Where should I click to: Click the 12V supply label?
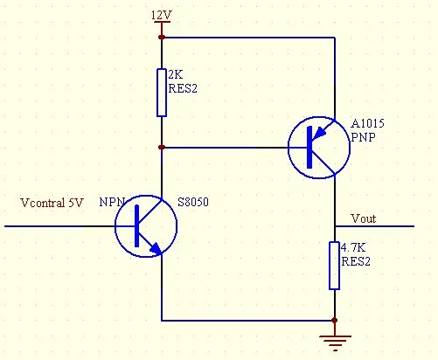162,15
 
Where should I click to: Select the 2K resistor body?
162,93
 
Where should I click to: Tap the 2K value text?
176,75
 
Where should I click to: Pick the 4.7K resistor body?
334,266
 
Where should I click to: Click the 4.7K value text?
353,247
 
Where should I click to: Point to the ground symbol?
335,343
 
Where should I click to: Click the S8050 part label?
193,202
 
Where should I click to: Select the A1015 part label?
368,123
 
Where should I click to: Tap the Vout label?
364,218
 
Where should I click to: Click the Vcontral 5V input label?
52,203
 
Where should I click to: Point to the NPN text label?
112,202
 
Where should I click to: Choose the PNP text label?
363,137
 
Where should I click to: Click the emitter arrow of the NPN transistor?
156,248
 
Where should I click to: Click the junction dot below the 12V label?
162,38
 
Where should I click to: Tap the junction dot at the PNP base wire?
162,148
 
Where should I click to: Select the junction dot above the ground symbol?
335,321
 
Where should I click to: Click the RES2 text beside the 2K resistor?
183,88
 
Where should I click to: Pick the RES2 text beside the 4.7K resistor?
356,261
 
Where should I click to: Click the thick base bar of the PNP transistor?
309,148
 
